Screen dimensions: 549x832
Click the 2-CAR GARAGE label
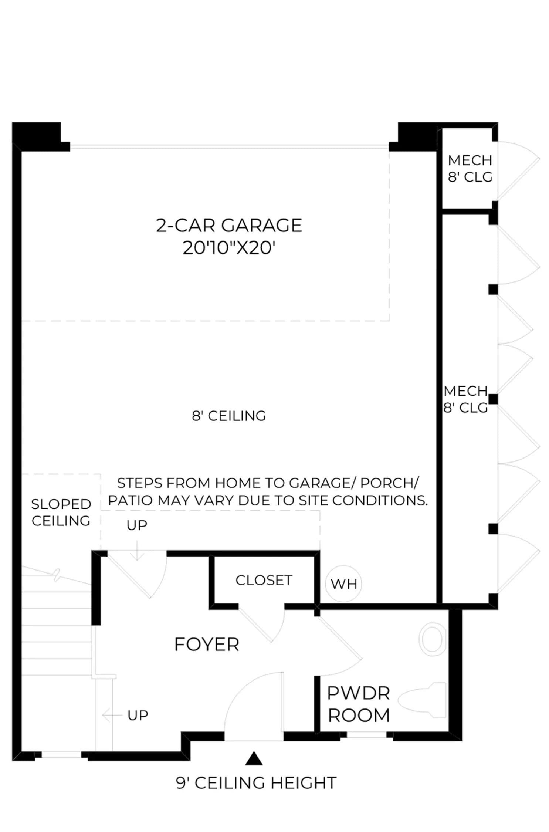click(x=229, y=225)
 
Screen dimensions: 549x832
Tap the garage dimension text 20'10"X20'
click(x=229, y=248)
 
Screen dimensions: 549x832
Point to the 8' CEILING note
click(x=229, y=416)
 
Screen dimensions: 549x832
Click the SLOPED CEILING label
click(x=61, y=513)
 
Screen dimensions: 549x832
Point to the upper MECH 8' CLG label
click(x=470, y=169)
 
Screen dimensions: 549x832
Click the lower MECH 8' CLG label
click(x=466, y=399)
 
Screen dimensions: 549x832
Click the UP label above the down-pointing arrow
click(x=137, y=525)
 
